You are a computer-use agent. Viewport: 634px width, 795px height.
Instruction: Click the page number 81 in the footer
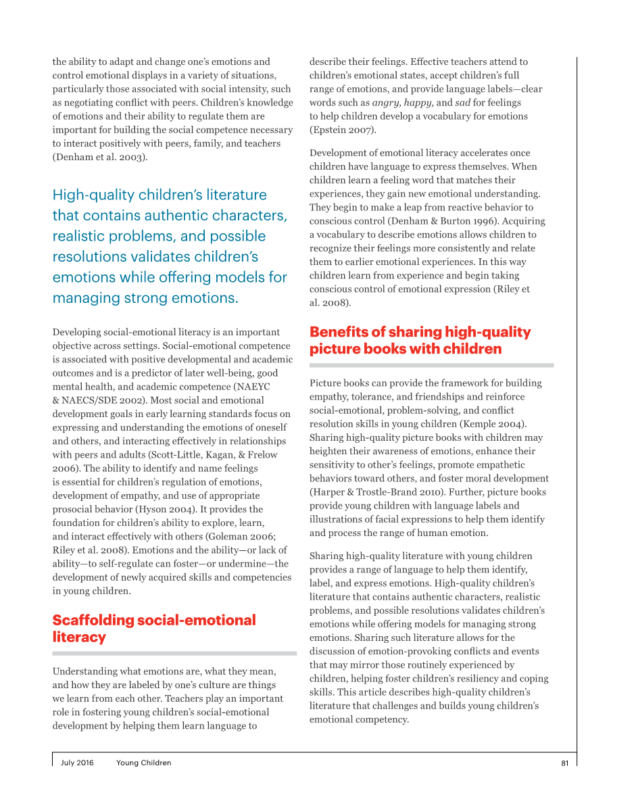click(564, 763)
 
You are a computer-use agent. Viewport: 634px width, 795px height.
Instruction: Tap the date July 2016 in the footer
click(77, 763)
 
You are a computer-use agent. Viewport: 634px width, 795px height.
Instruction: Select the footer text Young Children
click(143, 763)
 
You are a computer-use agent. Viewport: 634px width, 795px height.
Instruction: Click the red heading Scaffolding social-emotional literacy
click(153, 629)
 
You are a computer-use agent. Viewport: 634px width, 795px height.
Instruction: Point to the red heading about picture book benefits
click(420, 340)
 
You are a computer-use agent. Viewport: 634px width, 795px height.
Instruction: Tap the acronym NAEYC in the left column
click(251, 387)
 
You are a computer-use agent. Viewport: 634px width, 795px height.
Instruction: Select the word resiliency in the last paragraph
click(476, 679)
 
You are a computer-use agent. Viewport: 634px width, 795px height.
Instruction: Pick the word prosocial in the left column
click(72, 509)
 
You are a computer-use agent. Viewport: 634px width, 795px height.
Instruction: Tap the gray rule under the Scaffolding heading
click(174, 654)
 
